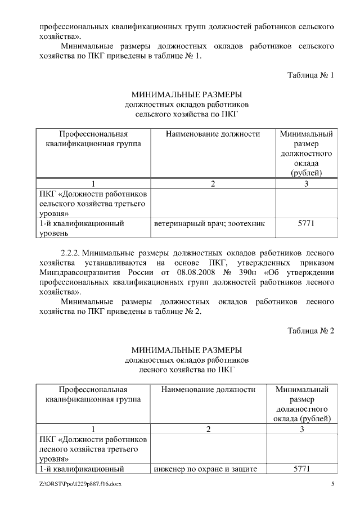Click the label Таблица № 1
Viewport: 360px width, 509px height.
[310, 75]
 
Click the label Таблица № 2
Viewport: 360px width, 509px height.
[310, 330]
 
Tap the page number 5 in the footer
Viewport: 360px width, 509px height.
[332, 484]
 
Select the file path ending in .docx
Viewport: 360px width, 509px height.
[77, 484]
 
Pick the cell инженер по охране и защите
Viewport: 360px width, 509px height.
[209, 469]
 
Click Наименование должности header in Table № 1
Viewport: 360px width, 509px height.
[213, 134]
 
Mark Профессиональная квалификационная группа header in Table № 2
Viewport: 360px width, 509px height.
[93, 394]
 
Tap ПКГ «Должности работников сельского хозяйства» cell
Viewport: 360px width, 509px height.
[93, 204]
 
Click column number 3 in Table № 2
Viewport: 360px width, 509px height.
[302, 429]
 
